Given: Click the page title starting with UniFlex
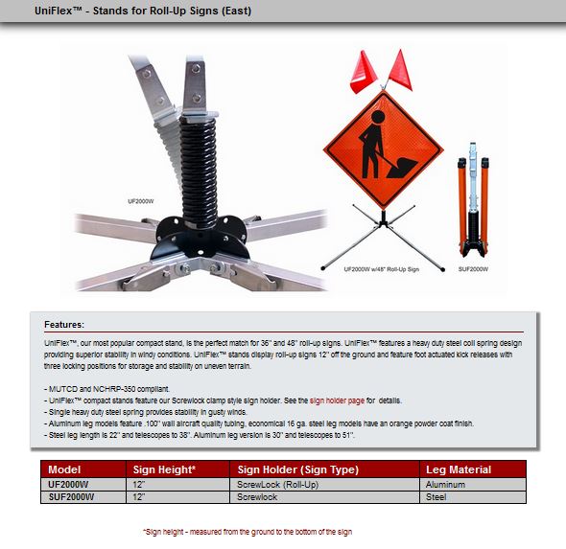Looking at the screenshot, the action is pyautogui.click(x=143, y=11).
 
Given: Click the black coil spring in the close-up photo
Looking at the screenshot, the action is pyautogui.click(x=199, y=172).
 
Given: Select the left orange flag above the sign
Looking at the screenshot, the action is pyautogui.click(x=364, y=72).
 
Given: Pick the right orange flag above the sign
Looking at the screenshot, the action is pyautogui.click(x=400, y=70).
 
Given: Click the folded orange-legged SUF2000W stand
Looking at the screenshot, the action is pyautogui.click(x=473, y=200).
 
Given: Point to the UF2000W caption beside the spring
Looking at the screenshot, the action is pyautogui.click(x=141, y=201).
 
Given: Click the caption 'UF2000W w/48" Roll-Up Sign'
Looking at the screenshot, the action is pyautogui.click(x=382, y=269).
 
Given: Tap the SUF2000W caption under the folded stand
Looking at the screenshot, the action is pyautogui.click(x=473, y=269).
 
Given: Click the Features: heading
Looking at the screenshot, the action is pyautogui.click(x=64, y=325).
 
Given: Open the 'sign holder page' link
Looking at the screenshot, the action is pyautogui.click(x=337, y=400).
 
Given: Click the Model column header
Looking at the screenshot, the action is pyautogui.click(x=64, y=469).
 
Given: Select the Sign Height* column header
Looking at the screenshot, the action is pyautogui.click(x=164, y=469).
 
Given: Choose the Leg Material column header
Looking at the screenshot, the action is pyautogui.click(x=459, y=469).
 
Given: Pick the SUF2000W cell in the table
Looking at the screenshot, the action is pyautogui.click(x=71, y=497).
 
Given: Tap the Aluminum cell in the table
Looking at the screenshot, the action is pyautogui.click(x=445, y=485).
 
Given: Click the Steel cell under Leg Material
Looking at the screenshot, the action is pyautogui.click(x=436, y=497).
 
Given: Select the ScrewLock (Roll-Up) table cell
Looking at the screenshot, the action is pyautogui.click(x=277, y=485).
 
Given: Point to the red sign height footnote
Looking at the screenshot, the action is pyautogui.click(x=248, y=532).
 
